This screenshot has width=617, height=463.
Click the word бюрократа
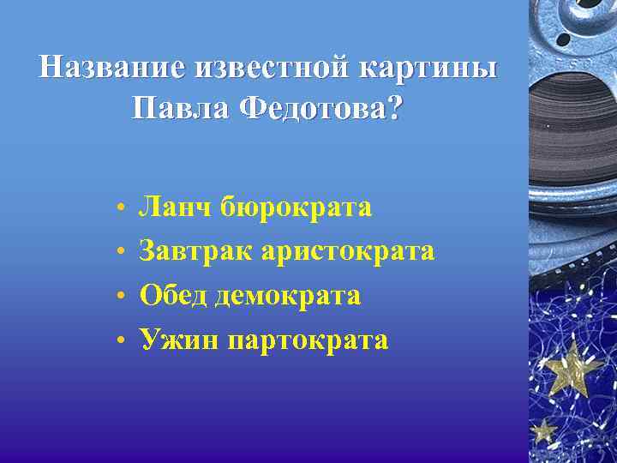coord(297,207)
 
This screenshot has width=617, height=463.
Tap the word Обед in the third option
coord(174,296)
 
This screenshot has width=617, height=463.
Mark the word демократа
coord(288,296)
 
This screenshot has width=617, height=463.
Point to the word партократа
coord(308,340)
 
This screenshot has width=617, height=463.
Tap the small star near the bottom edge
coord(543,429)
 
